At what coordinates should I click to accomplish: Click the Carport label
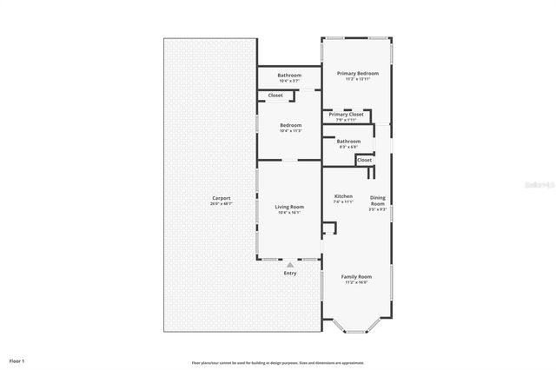[222, 198]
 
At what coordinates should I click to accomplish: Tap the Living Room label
[289, 206]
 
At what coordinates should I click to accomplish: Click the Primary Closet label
[345, 114]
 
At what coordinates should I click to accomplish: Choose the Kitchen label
[344, 196]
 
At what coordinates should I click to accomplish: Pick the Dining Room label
[377, 200]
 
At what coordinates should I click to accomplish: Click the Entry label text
[290, 274]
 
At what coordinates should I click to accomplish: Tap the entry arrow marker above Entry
[290, 265]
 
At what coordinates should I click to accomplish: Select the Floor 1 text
[17, 360]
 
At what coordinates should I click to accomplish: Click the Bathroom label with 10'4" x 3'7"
[290, 76]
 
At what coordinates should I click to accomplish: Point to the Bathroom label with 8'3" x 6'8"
[348, 141]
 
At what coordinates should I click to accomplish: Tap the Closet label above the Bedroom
[275, 95]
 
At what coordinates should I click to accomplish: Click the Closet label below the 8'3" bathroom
[365, 160]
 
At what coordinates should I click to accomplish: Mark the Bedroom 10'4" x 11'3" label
[290, 125]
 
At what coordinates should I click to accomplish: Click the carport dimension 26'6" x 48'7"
[222, 204]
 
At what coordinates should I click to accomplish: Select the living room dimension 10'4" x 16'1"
[289, 212]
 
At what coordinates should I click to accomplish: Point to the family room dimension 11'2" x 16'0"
[356, 282]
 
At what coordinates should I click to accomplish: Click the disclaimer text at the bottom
[277, 362]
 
